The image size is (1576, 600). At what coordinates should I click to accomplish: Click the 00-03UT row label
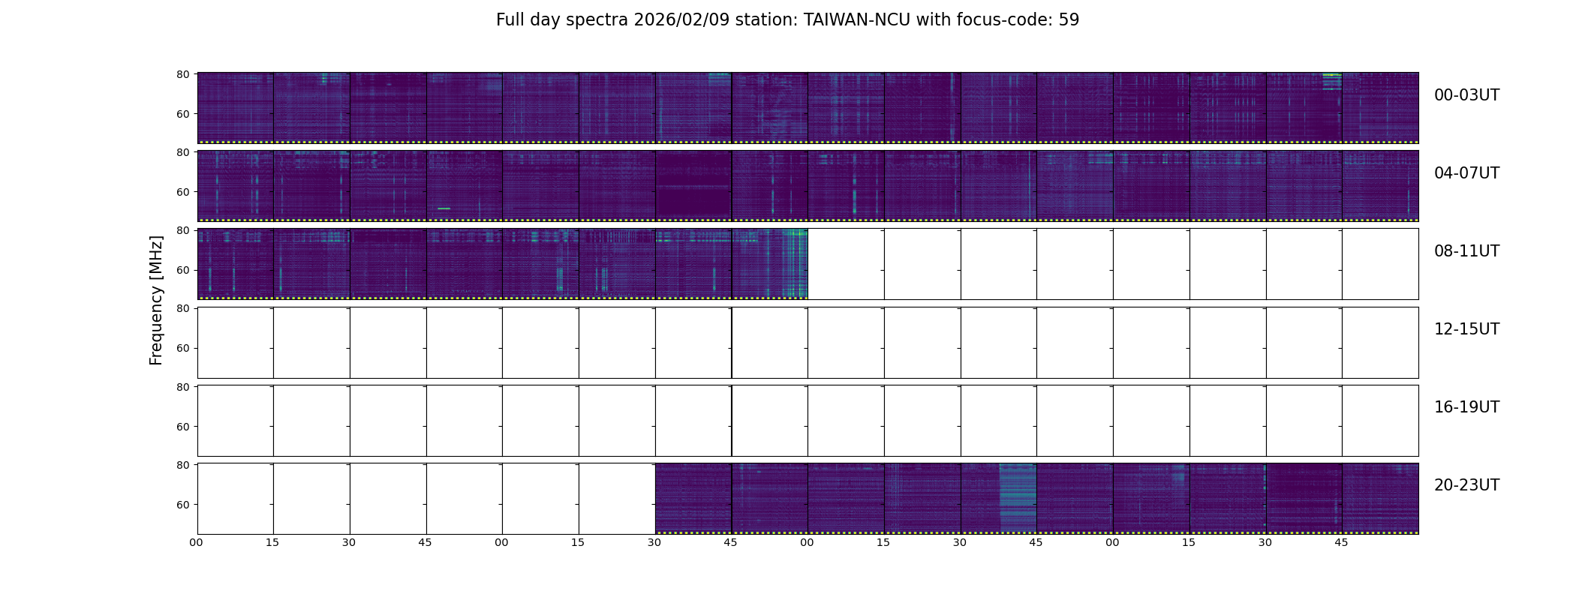pos(1466,95)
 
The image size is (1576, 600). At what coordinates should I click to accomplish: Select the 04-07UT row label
pos(1466,173)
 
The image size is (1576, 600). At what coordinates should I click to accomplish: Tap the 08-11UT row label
pos(1466,251)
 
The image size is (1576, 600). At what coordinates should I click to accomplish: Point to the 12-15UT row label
pos(1466,329)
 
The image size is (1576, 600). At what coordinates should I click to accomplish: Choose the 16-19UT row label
pos(1466,407)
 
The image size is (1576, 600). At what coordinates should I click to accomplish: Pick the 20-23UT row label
pos(1466,485)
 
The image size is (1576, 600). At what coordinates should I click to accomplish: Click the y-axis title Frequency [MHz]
pos(156,300)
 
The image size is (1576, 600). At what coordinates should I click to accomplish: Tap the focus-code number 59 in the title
pos(1069,20)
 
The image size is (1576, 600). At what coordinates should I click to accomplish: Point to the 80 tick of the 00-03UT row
pos(182,74)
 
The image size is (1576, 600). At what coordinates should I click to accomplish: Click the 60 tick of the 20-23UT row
pos(182,505)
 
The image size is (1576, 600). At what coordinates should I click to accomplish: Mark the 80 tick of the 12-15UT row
pos(182,308)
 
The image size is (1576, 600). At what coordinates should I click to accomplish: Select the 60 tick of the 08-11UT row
pos(182,270)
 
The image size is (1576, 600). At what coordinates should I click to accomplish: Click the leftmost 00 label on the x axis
pos(196,542)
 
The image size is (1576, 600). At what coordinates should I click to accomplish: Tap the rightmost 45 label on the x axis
pos(1341,542)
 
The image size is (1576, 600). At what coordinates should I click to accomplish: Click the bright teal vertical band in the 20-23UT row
pos(1018,497)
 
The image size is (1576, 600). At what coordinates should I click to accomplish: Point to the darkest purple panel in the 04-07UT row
pos(693,185)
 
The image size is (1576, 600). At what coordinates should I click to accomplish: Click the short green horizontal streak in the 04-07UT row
pos(444,208)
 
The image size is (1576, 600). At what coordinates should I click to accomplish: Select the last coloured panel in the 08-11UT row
pos(769,263)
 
